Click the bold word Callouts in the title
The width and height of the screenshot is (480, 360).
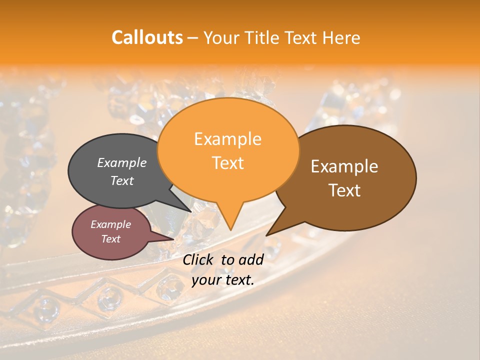coord(147,37)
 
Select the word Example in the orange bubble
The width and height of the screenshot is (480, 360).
coord(227,139)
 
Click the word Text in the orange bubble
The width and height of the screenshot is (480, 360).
coord(227,163)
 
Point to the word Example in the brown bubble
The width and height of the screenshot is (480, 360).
coord(344,166)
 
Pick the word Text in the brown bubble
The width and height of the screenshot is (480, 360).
coord(344,190)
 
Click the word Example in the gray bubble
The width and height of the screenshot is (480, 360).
coord(122,163)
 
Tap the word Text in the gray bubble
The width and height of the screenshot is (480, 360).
coord(122,181)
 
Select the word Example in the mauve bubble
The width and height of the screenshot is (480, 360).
coord(110,224)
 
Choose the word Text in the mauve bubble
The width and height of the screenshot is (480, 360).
coord(110,239)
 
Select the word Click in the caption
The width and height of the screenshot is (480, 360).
coord(198,259)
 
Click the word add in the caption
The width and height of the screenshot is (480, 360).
coord(251,259)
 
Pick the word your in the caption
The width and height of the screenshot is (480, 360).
coord(206,280)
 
